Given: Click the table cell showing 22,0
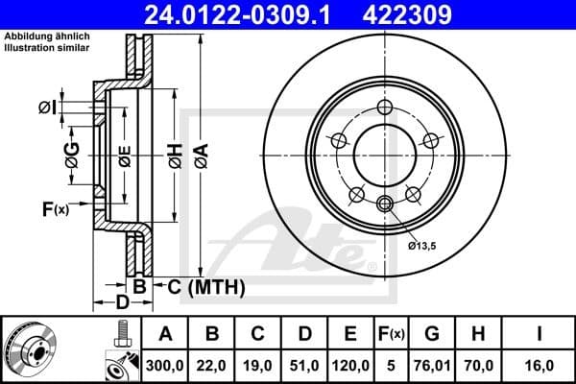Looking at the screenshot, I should click(x=213, y=366).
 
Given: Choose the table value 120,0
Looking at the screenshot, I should click(x=350, y=366).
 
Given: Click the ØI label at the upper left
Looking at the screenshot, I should click(x=46, y=106).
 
